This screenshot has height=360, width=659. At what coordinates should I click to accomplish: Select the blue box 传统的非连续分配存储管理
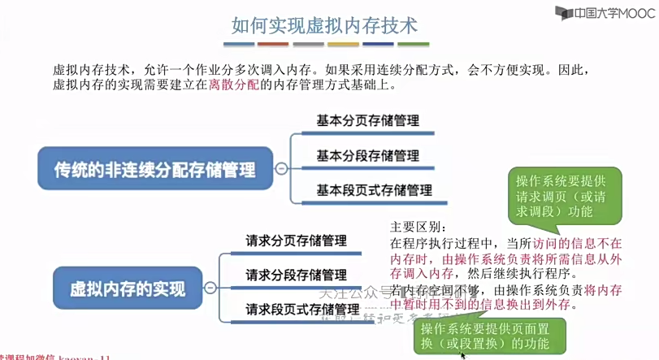154,169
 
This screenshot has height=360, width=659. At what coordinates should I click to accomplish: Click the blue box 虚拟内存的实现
128,288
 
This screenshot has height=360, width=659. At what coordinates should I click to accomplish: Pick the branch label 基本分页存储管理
367,121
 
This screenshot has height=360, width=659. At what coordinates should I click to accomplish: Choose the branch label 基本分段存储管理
367,156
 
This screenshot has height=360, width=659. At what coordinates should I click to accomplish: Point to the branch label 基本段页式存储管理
373,191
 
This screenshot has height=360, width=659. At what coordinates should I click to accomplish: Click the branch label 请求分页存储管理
296,241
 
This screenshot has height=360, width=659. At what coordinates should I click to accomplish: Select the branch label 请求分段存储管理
296,275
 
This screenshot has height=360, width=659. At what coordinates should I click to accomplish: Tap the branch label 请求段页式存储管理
301,310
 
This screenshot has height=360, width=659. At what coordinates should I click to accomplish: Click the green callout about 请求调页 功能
565,196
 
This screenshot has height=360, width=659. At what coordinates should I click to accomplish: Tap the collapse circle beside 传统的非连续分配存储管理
281,169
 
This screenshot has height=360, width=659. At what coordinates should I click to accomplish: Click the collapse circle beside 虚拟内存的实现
210,288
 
